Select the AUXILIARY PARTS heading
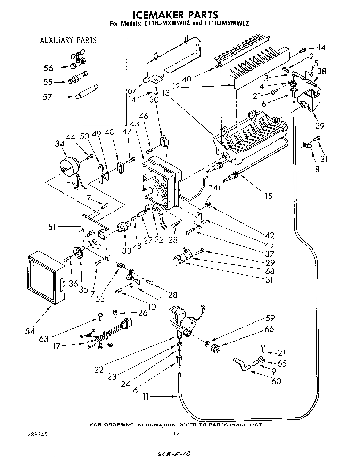68,40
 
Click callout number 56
48,68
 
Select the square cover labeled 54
45,278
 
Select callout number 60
276,381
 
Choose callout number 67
132,91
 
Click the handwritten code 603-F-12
173,454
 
